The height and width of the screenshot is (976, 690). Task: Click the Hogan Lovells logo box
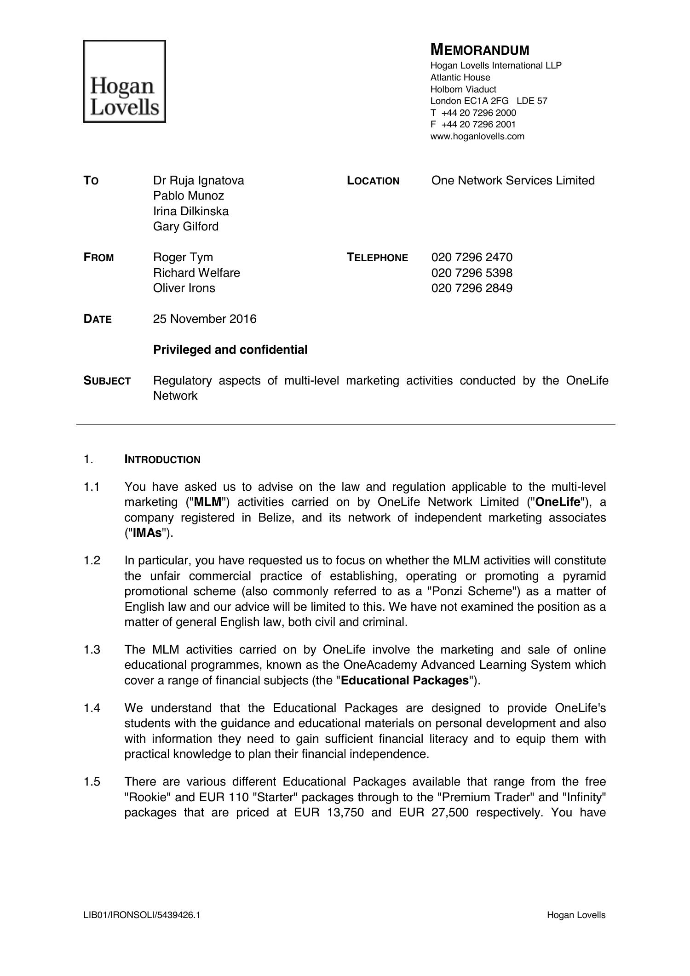(x=124, y=81)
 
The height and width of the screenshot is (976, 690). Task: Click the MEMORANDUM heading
(x=480, y=50)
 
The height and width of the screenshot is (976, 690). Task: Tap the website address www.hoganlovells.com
(x=477, y=136)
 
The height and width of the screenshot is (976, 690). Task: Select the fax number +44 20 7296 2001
(x=478, y=124)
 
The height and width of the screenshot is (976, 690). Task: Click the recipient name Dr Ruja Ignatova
(x=198, y=180)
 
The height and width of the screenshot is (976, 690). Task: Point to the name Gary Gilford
(x=185, y=226)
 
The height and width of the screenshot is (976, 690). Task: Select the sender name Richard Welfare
(x=196, y=273)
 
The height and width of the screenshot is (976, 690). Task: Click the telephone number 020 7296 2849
(x=471, y=288)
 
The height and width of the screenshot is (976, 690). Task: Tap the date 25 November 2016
(x=204, y=319)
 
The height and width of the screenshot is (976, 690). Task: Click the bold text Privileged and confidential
(x=230, y=350)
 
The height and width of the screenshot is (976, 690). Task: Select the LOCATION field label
(x=373, y=181)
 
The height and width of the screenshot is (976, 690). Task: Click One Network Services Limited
(x=513, y=180)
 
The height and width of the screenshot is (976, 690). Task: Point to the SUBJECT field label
(x=107, y=381)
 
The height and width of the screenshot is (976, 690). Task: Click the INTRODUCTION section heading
(x=162, y=459)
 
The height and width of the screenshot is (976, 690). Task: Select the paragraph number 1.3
(x=92, y=649)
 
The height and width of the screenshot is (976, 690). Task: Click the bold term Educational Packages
(x=405, y=680)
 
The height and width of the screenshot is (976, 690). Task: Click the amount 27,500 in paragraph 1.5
(x=450, y=812)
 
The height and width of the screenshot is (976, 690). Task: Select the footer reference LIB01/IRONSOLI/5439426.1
(x=142, y=915)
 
